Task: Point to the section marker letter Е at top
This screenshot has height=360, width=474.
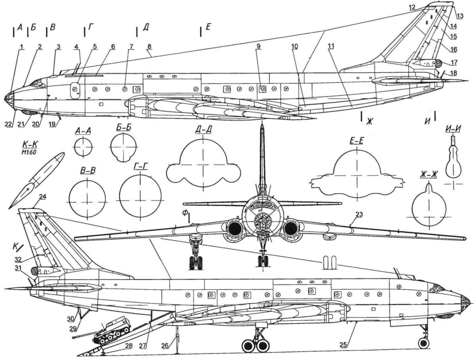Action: click(209, 28)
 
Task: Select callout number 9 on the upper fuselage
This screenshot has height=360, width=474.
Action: click(258, 46)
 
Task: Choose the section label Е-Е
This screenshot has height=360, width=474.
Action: click(357, 141)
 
